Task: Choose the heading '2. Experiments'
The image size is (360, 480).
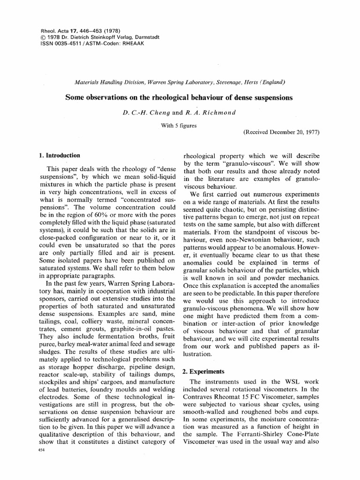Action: point(203,371)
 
